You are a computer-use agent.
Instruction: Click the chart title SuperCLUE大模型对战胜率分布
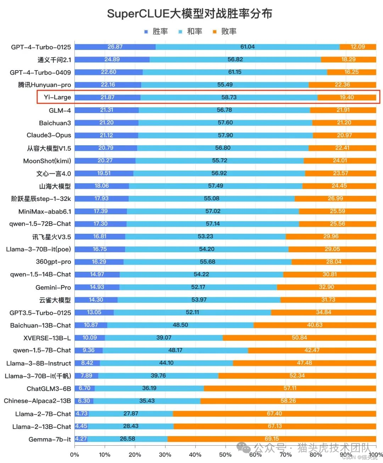pos(190,14)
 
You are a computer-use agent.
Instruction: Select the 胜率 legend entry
pos(156,32)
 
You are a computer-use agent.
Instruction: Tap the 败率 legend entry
pos(225,32)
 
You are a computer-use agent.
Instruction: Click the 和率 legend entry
pos(190,32)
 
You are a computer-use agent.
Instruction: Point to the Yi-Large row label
pos(57,97)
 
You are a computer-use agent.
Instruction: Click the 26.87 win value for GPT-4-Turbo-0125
pos(115,47)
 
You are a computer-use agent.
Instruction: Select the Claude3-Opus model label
pos(49,135)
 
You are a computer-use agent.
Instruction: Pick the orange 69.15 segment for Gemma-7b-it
pos(272,439)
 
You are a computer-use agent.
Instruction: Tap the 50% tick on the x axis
pos(225,455)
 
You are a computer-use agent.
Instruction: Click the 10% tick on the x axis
pos(105,455)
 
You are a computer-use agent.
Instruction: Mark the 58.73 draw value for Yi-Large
pos(229,97)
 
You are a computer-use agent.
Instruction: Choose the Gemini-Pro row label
pos(53,287)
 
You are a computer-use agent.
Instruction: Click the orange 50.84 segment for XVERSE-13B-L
pos(299,338)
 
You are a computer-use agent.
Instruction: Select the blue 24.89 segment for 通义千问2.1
pos(112,60)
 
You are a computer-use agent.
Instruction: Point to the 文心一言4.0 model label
pos(54,174)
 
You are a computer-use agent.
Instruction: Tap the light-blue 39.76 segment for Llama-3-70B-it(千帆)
pos(158,376)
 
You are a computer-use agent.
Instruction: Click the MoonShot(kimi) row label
pos(47,161)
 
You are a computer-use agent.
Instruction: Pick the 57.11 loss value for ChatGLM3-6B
pos(290,388)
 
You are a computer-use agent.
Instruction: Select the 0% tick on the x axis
pos(74,455)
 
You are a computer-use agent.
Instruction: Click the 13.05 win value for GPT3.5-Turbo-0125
pos(94,312)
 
